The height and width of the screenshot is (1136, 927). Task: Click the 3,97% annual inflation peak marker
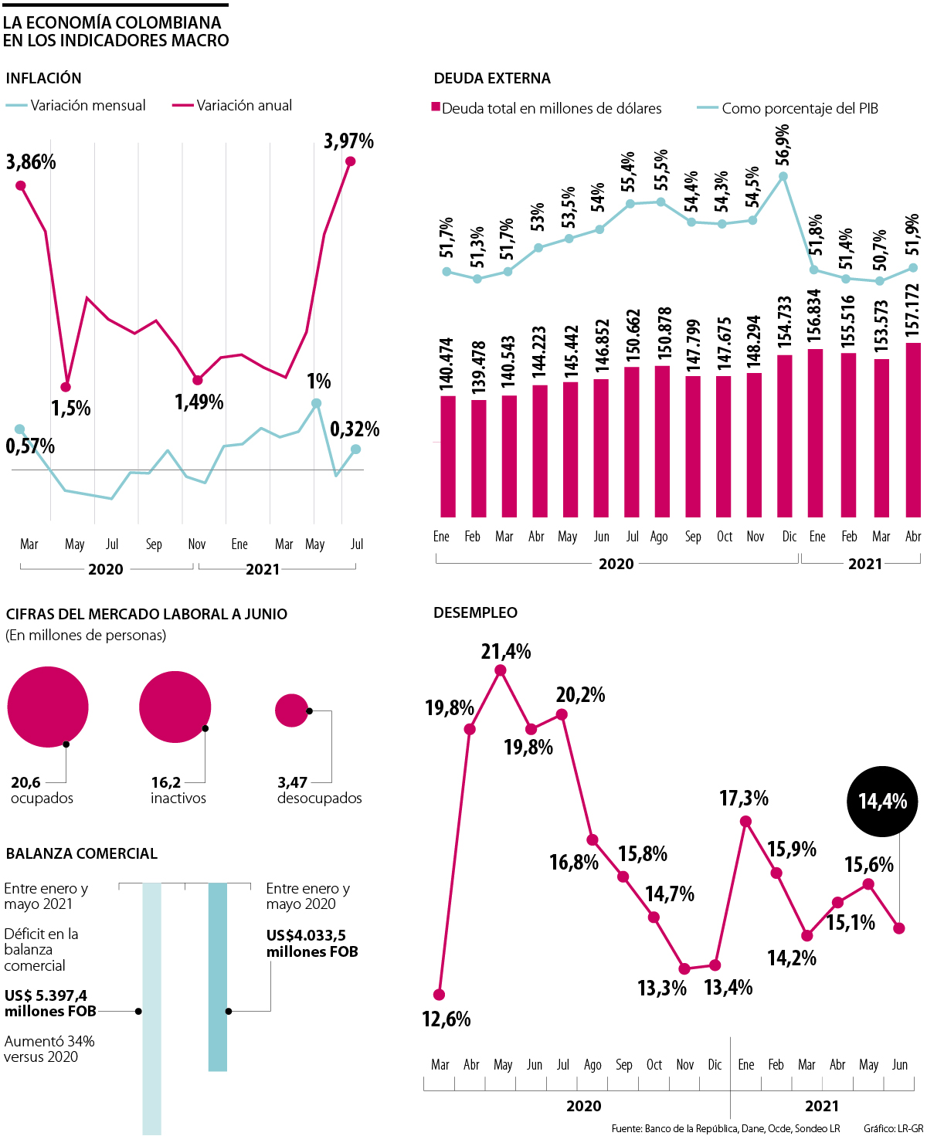[350, 161]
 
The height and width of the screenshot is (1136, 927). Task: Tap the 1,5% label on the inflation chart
[71, 408]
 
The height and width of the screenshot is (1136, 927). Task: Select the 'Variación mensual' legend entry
[76, 106]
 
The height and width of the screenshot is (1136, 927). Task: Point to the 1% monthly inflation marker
[316, 403]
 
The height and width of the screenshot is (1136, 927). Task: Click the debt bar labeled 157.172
[912, 429]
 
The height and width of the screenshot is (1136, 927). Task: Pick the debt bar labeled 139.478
[478, 457]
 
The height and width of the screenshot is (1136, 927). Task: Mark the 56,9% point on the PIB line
[783, 176]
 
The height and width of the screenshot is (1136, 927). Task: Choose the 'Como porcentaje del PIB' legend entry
[788, 109]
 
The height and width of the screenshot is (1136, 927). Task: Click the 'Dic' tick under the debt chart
[789, 537]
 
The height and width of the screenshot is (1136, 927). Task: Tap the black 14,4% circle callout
[882, 802]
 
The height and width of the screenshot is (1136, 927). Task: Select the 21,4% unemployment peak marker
[501, 670]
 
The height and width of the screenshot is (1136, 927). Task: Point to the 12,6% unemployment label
[447, 1019]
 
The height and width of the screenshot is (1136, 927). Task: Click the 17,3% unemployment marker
[745, 821]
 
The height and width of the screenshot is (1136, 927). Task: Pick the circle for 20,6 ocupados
[48, 707]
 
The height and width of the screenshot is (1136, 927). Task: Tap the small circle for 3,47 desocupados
[291, 710]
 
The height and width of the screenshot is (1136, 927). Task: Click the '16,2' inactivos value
[165, 782]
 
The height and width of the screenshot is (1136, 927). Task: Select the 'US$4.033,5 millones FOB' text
[312, 944]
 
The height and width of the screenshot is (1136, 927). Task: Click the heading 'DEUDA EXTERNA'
[492, 78]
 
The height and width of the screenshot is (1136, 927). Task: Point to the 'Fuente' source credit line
[725, 1128]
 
